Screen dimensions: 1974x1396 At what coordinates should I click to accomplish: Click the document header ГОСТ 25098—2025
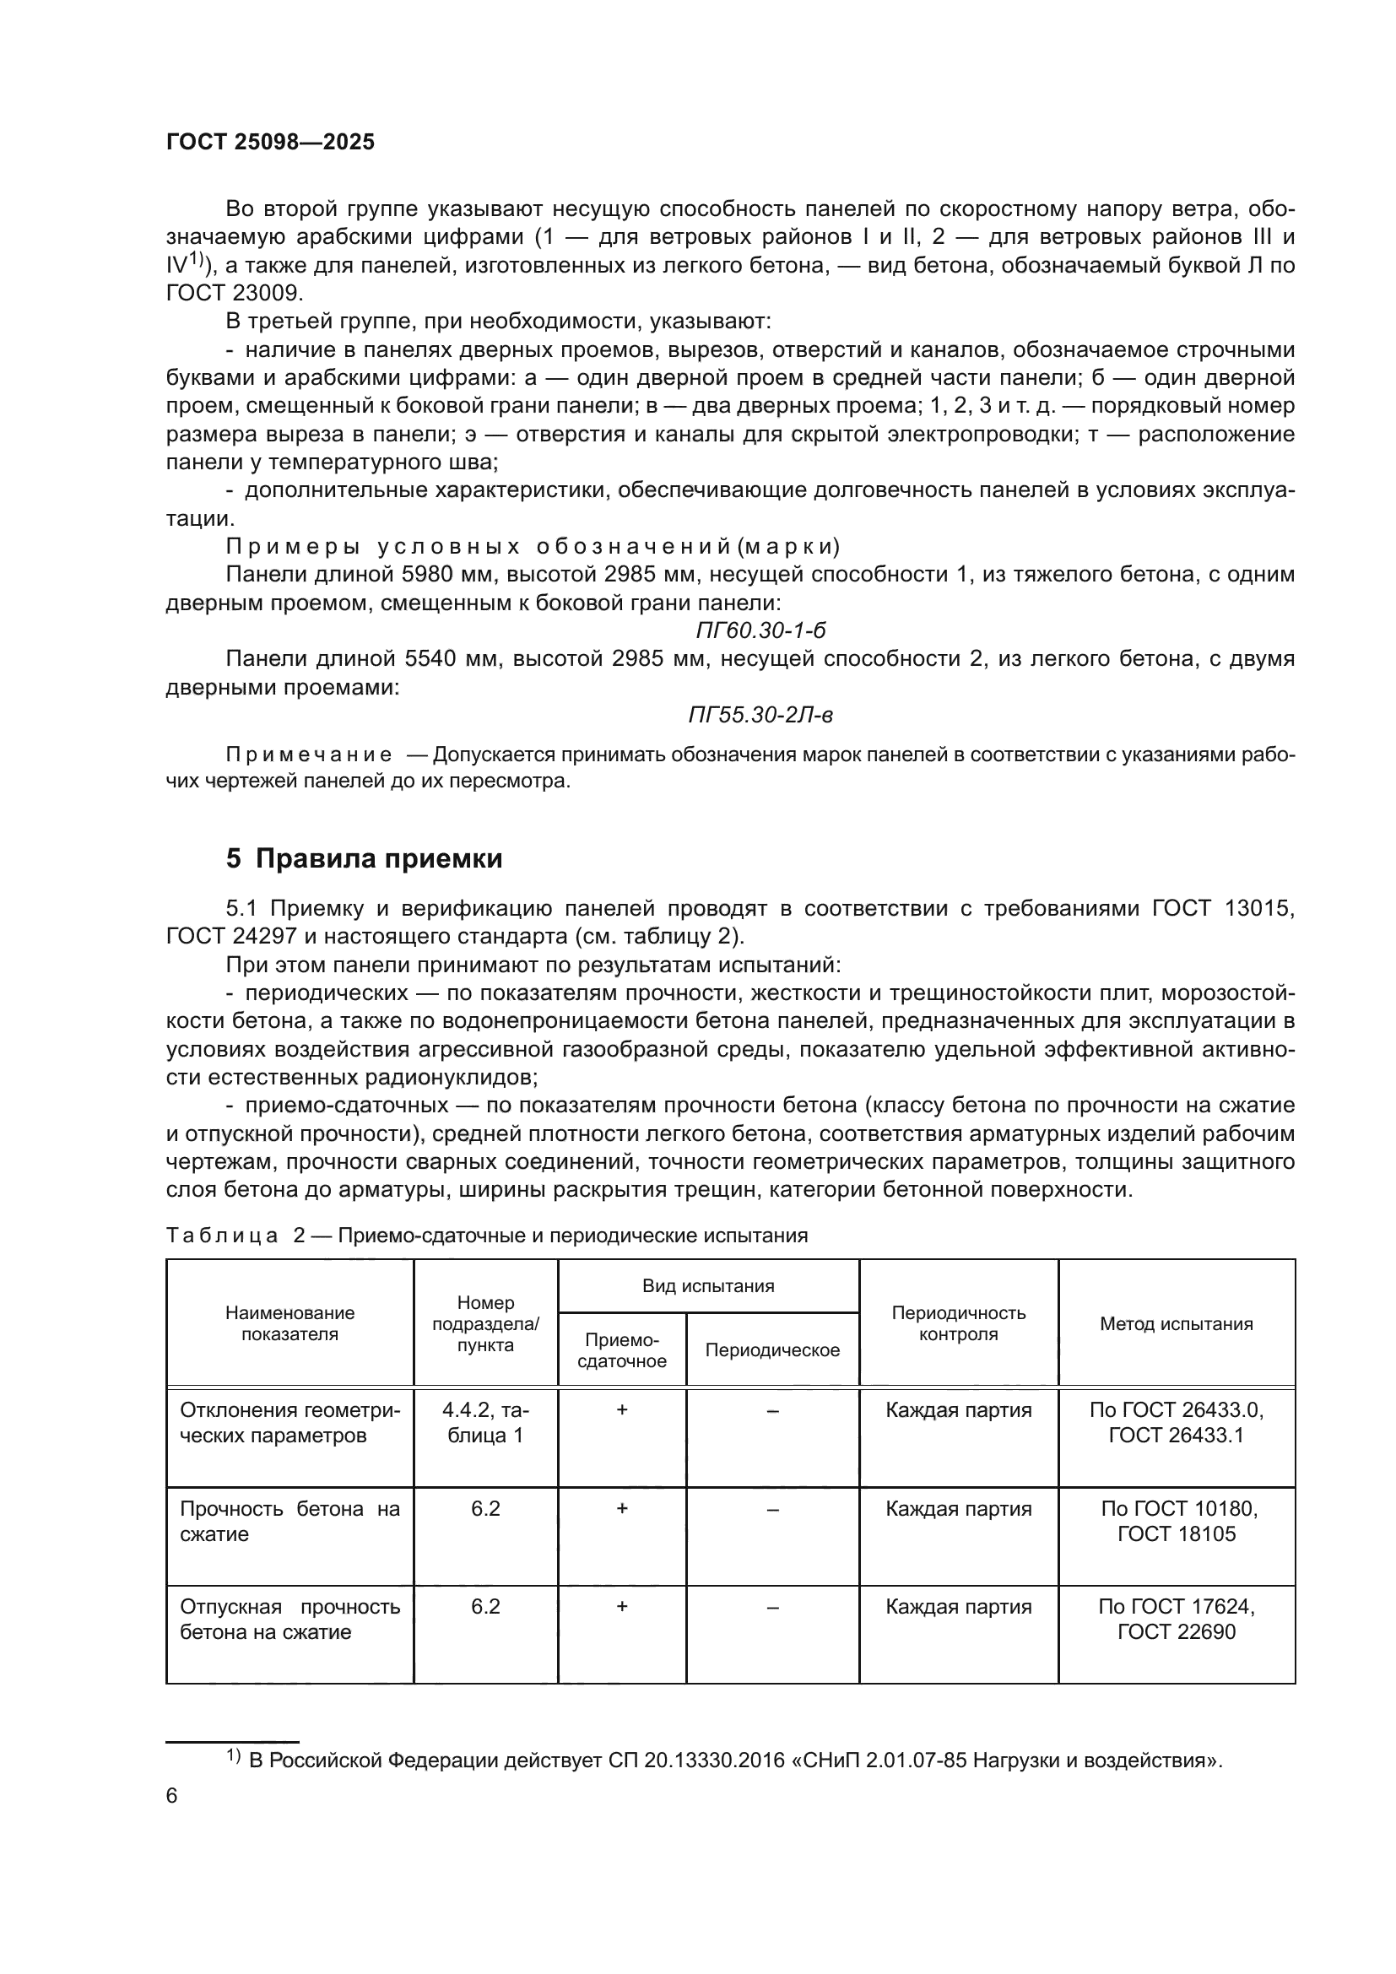pos(270,142)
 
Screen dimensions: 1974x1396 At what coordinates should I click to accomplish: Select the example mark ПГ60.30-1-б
pos(760,630)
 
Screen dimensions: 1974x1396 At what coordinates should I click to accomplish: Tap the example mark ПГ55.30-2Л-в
pos(760,715)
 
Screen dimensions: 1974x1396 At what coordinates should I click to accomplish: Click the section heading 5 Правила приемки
pos(365,858)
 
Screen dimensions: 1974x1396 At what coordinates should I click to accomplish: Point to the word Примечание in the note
pos(309,754)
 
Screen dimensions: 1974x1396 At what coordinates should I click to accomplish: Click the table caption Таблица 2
pos(235,1236)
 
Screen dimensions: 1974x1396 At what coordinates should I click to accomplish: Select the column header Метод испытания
pos(1176,1323)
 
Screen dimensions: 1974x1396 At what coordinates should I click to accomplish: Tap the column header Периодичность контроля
pos(959,1323)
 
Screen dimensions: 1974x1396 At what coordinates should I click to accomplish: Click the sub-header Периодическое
pos(772,1349)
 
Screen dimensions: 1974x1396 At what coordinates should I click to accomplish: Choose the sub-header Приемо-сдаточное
pos(621,1349)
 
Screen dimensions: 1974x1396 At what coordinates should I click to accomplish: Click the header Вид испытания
pos(708,1286)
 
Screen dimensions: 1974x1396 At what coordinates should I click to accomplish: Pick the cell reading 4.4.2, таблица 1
pos(485,1422)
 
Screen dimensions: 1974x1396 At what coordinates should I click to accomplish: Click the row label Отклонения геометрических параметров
pos(289,1422)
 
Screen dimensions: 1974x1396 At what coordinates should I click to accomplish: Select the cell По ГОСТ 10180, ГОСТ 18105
pos(1176,1521)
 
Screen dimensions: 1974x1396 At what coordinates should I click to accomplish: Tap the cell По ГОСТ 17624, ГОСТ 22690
pos(1176,1619)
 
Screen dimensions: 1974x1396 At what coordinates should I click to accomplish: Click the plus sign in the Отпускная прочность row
pos(621,1606)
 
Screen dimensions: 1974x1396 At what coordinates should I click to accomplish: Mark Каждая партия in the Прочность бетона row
pos(959,1509)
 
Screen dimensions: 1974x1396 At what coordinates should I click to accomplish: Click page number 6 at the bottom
pos(172,1796)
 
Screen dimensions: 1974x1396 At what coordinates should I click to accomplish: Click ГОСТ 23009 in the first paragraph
pos(234,293)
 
